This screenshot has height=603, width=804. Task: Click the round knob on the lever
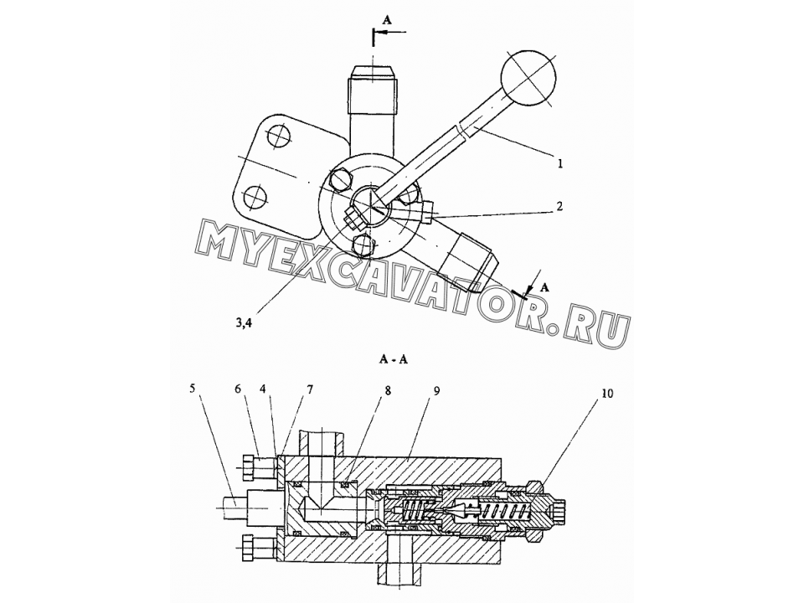pos(528,78)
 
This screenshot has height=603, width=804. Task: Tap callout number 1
pos(560,163)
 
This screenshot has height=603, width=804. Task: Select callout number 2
pos(560,206)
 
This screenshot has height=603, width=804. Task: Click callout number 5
pos(192,388)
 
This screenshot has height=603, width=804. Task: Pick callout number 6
pos(238,389)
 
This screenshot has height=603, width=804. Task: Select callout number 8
pos(388,391)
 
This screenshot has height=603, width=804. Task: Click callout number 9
pos(436,391)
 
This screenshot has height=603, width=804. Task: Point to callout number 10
pos(608,394)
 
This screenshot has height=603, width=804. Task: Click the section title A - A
pos(394,359)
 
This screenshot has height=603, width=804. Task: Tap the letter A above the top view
pos(387,19)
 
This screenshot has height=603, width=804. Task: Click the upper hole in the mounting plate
pos(278,137)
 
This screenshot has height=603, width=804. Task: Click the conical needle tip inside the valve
pos(460,510)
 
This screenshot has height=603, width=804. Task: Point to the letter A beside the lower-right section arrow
pos(545,287)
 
